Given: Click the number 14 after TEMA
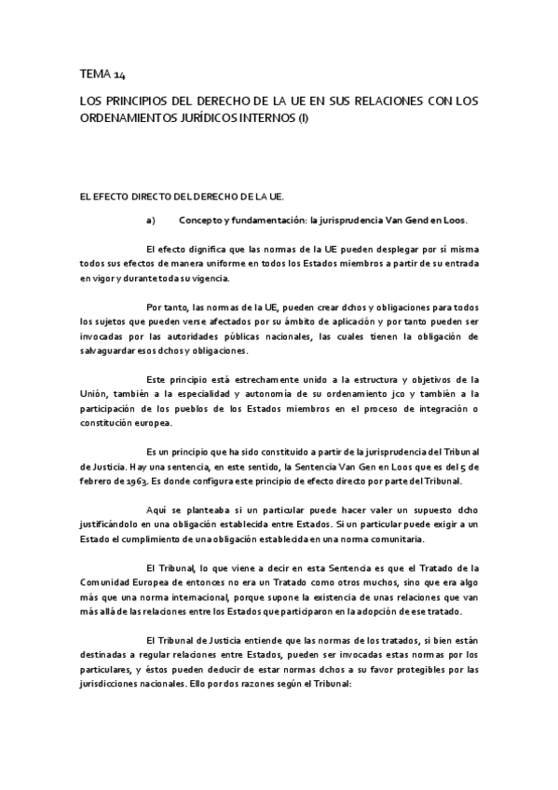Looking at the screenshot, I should coord(116,73).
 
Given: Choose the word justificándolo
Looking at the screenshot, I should coord(120,525).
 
